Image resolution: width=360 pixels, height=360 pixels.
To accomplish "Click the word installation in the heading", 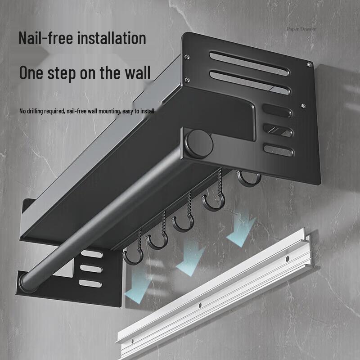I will (x=112, y=38).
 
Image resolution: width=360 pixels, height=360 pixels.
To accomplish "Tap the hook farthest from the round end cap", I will (x=134, y=256).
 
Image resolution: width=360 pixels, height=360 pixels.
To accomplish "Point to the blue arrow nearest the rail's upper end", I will (x=241, y=229).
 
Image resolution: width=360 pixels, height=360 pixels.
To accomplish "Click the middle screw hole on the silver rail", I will (x=200, y=305).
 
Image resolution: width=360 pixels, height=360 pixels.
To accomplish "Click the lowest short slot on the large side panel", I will (x=278, y=150).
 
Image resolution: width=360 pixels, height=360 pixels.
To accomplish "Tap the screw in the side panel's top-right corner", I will (x=310, y=65).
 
